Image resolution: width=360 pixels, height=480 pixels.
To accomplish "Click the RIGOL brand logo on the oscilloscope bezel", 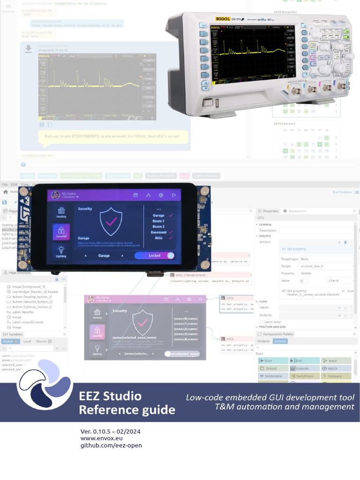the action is point(222,19).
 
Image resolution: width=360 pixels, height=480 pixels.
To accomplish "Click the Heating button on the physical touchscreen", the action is point(61,212).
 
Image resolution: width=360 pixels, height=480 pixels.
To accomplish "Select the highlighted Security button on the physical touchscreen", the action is point(61,232).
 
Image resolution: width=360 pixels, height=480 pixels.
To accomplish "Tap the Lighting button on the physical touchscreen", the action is point(61,252).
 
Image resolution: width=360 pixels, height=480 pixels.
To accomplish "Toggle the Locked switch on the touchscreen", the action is point(154,255).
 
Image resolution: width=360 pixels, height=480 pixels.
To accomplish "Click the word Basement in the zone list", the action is point(159,232).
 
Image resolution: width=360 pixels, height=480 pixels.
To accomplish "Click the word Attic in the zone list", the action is point(159,238).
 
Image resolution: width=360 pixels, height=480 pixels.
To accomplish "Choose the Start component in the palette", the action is point(273,360).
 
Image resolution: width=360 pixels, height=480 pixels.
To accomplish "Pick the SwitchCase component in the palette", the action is point(305,376).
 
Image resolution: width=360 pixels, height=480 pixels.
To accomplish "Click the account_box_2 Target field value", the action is point(311,266).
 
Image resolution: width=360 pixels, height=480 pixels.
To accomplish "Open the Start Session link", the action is point(342,192).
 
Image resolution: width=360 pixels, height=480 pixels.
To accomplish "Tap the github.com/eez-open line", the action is point(111,445).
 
